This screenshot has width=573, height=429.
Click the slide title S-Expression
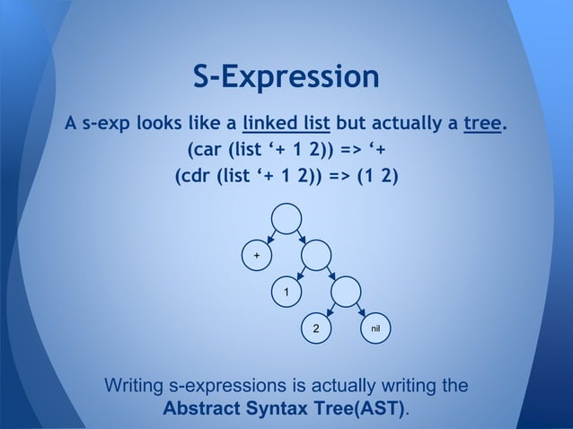[286, 76]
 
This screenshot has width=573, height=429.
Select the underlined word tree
[481, 122]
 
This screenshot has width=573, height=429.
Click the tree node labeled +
[257, 257]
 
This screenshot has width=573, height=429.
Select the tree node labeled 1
[286, 293]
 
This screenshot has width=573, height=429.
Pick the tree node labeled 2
[315, 329]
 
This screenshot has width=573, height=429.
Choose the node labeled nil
[375, 329]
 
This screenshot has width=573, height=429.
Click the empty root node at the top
[286, 219]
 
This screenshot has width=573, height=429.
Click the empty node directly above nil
[346, 293]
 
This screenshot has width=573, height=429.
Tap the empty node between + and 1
[316, 257]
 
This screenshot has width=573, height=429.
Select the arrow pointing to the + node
[270, 238]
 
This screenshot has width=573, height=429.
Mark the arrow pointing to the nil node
[361, 311]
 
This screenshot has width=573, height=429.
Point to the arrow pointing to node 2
[331, 311]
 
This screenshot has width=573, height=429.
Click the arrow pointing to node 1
[301, 275]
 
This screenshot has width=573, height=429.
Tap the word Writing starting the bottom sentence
[135, 387]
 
